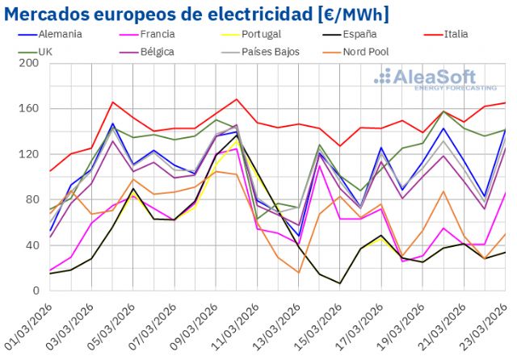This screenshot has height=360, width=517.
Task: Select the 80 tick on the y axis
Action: [x=32, y=200]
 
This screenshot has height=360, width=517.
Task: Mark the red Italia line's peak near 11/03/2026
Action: [x=237, y=99]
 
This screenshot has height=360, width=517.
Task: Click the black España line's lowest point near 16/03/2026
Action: [x=340, y=283]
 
